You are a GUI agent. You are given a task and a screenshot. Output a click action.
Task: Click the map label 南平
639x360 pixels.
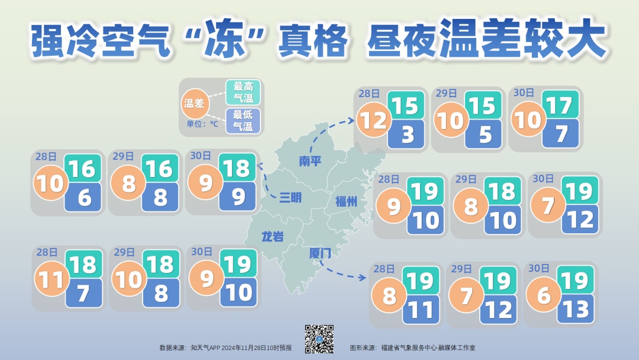[310, 161]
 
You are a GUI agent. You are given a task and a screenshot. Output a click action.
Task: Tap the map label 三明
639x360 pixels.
[291, 198]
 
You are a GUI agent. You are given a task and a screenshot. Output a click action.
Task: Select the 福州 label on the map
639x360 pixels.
[347, 201]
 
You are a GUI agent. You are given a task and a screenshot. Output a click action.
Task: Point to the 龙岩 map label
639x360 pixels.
[273, 237]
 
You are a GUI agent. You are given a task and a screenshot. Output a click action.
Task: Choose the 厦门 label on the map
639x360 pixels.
[320, 253]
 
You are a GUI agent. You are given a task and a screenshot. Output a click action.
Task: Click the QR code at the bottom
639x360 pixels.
[319, 339]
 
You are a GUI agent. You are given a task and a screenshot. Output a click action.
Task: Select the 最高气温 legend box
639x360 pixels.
[243, 92]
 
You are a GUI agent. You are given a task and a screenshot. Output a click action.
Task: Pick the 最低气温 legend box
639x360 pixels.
[243, 120]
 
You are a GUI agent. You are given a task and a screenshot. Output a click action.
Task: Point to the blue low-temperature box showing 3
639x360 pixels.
[407, 135]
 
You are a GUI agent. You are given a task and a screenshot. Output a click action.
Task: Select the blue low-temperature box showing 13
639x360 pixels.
[575, 310]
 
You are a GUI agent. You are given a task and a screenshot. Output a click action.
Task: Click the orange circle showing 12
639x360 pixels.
[373, 121]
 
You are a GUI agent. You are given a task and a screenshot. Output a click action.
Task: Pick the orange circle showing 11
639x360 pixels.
[51, 279]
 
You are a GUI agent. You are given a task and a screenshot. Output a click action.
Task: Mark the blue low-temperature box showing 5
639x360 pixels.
[484, 135]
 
